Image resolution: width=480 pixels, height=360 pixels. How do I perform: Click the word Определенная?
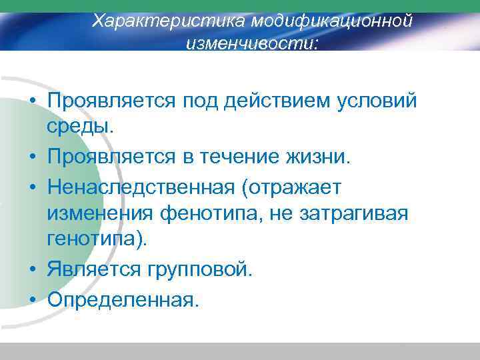[123, 299]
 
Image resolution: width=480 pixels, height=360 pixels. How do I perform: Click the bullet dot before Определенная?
[32, 300]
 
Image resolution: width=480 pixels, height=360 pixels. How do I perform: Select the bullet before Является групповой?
[32, 271]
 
